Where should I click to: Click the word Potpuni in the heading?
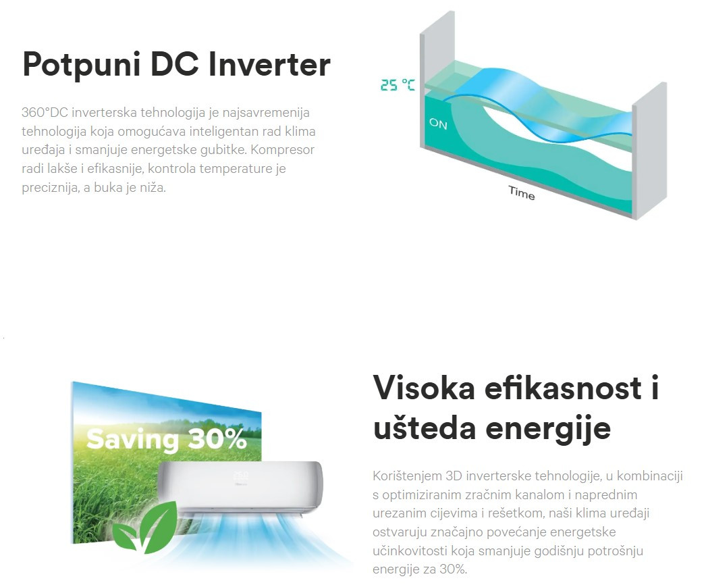(81, 65)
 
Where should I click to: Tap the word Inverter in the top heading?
(269, 64)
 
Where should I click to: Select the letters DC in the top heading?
(174, 64)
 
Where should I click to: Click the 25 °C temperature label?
(398, 85)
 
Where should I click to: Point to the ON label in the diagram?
(438, 124)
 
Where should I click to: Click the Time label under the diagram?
(522, 193)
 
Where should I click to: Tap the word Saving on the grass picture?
(133, 439)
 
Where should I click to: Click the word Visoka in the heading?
(424, 388)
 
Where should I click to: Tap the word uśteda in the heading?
(425, 427)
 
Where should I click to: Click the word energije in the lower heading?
(548, 429)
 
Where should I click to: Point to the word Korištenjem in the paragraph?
(407, 476)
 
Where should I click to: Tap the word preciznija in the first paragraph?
(51, 188)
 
